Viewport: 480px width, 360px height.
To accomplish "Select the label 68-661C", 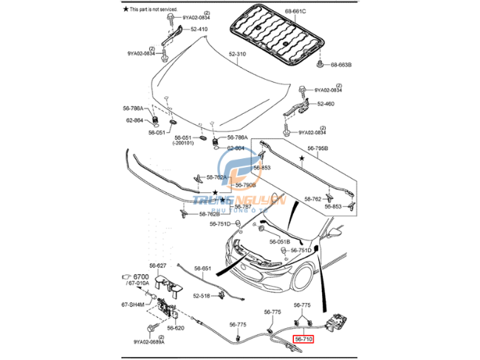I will pyautogui.click(x=275, y=11).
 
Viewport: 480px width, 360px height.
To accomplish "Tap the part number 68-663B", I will pyautogui.click(x=341, y=65).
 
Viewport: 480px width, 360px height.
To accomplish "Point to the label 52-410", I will pyautogui.click(x=199, y=29).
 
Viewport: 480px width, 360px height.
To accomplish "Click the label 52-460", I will pyautogui.click(x=326, y=103).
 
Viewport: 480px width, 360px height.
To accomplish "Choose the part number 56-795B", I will pyautogui.click(x=318, y=148).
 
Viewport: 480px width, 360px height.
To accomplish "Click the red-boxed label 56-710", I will pyautogui.click(x=304, y=339).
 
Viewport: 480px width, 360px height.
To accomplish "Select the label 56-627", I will pyautogui.click(x=159, y=265).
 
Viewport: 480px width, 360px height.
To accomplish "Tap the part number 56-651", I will pyautogui.click(x=203, y=268).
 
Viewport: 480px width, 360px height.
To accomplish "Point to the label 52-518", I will pyautogui.click(x=202, y=296).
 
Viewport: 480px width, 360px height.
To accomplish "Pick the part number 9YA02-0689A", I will pyautogui.click(x=149, y=342).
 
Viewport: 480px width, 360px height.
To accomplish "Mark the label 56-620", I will pyautogui.click(x=175, y=327).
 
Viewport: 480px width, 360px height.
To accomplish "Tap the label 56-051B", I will pyautogui.click(x=280, y=241).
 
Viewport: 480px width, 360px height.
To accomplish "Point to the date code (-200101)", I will pyautogui.click(x=183, y=143).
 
